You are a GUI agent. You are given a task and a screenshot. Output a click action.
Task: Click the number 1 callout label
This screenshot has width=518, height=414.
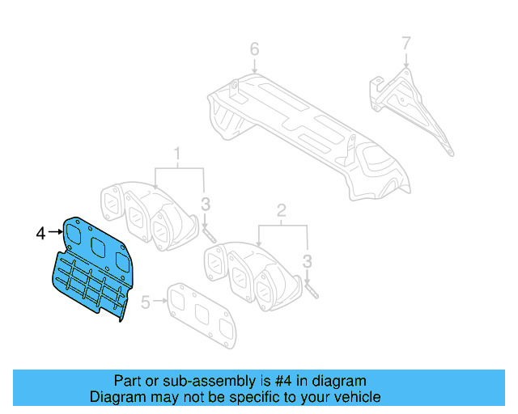177,152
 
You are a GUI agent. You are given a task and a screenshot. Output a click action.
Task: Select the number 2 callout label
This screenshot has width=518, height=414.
282,212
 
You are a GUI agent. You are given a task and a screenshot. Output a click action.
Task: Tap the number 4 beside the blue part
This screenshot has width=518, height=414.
40,234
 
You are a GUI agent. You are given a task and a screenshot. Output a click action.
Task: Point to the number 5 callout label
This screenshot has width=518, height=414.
145,303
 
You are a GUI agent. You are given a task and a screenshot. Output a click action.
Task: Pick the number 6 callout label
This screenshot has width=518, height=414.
254,50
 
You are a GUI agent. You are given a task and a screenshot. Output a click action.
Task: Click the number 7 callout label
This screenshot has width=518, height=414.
406,43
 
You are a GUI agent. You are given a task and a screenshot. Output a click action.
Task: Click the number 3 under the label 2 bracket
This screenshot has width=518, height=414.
308,260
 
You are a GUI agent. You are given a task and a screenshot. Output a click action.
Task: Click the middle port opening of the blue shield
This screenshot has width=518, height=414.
99,248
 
